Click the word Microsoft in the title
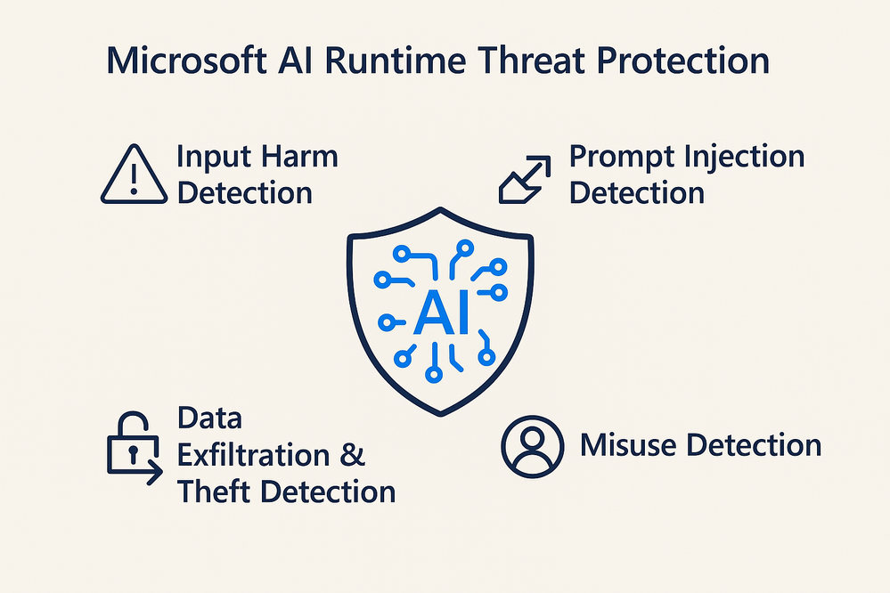tap(187, 61)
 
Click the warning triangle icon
tap(134, 174)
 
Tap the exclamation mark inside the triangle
tap(134, 177)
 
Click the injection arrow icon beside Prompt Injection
tap(525, 179)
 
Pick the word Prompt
tap(622, 158)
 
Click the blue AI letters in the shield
tap(442, 313)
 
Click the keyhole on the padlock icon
tap(133, 454)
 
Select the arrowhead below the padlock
tap(155, 472)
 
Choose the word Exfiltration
tap(254, 455)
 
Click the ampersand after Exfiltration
tap(353, 456)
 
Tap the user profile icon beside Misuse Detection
tap(533, 447)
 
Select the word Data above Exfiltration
tap(209, 418)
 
